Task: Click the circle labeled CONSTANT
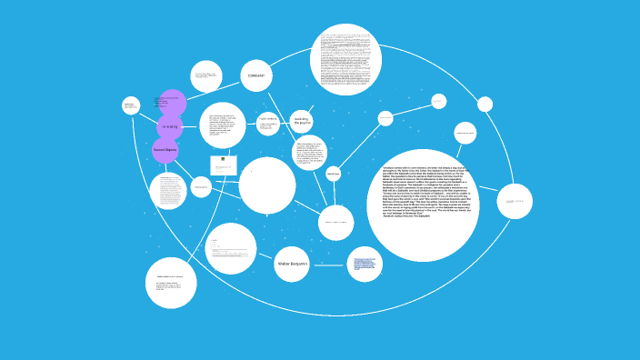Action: point(256,75)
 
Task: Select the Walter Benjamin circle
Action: point(292,264)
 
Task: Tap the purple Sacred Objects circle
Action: point(165,149)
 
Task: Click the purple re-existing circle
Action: point(170,126)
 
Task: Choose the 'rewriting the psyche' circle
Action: point(302,121)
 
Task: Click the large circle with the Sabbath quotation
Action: point(423,205)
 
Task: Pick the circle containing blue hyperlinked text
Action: point(365,264)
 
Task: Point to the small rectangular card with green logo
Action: point(224,165)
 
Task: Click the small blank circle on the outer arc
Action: point(485,105)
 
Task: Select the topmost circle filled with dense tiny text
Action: point(345,59)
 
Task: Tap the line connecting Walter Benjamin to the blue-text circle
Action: point(328,264)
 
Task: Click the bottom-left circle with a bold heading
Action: point(171,283)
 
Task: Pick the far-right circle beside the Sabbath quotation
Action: point(515,201)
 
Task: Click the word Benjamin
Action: point(299,264)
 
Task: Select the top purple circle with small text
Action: point(171,103)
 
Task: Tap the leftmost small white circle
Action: point(131,105)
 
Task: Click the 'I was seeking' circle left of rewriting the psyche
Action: point(267,124)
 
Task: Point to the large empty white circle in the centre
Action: point(266,185)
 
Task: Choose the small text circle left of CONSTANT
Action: point(206,76)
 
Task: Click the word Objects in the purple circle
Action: point(170,149)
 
